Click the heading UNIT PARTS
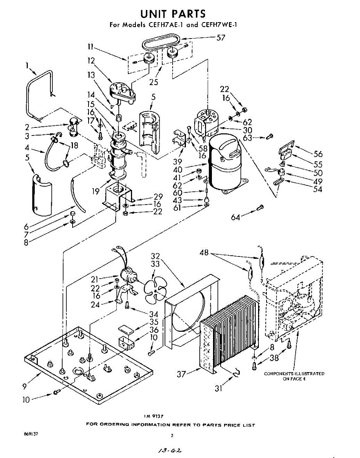coord(173,14)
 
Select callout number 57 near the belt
coord(220,37)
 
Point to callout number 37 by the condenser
coord(182,374)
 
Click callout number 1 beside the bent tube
coord(27,65)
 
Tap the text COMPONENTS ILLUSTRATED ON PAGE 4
coord(294,376)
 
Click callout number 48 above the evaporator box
coord(205,253)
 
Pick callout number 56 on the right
coord(318,154)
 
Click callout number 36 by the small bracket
coord(154,329)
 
